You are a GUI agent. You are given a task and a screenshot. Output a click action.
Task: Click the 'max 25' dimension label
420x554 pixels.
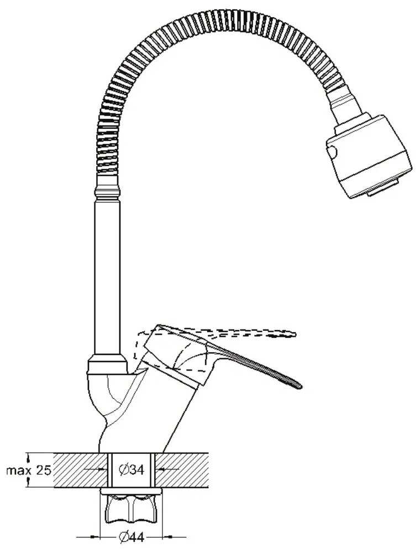pos(28,471)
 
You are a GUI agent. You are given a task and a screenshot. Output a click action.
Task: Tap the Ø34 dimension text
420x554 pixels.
pos(132,470)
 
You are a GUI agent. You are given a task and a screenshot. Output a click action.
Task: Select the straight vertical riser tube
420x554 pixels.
pos(107,276)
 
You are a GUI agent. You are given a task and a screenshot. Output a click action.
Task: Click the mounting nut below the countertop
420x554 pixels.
pos(131,508)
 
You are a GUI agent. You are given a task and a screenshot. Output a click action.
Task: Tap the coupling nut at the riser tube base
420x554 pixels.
pos(107,365)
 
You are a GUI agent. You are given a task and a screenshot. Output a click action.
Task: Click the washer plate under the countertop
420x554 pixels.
pos(131,490)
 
